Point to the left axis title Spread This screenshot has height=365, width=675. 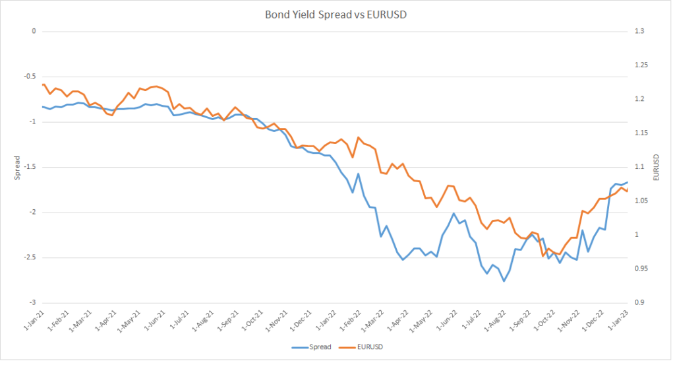click(17, 167)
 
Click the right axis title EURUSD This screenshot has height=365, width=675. click(657, 167)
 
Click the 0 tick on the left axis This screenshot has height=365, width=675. click(32, 31)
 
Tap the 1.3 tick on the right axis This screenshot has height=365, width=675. click(639, 31)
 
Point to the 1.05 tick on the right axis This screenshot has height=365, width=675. click(641, 201)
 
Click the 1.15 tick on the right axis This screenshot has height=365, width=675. click(641, 133)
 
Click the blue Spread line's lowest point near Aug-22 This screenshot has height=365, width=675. click(504, 281)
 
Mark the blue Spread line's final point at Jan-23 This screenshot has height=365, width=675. click(628, 182)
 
